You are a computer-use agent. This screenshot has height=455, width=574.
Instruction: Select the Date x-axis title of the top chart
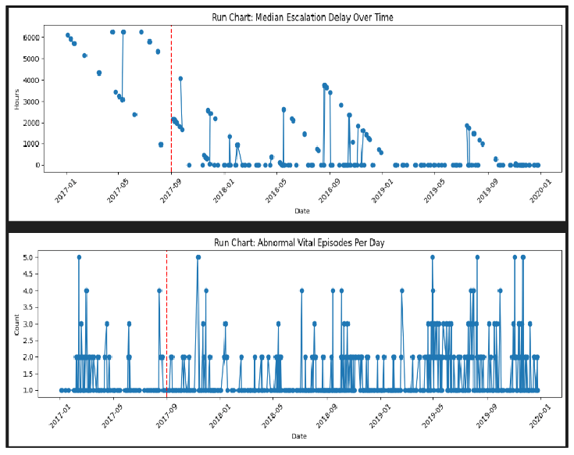click(301, 211)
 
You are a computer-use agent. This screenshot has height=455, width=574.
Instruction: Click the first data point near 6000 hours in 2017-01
click(68, 35)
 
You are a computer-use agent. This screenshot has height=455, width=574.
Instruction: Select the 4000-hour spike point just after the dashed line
click(180, 78)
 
